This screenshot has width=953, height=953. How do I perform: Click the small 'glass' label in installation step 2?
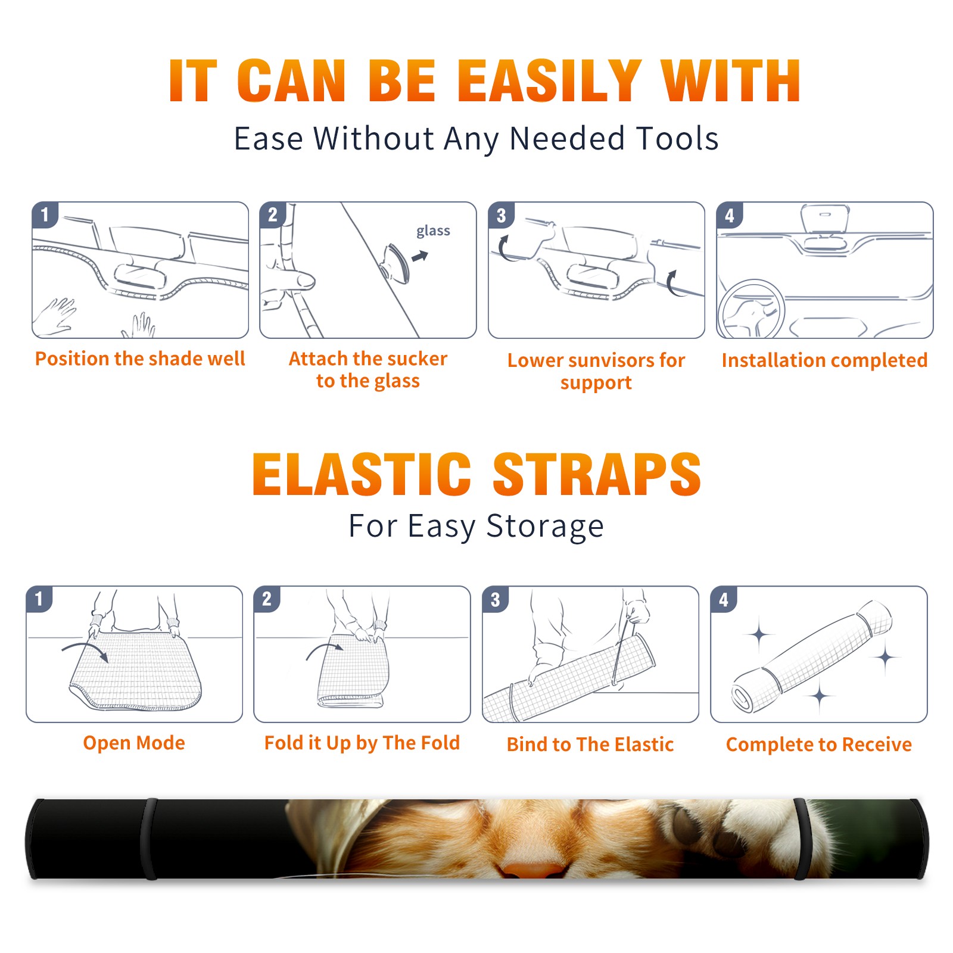(x=433, y=231)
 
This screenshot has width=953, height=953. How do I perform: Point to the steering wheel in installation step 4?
(x=751, y=309)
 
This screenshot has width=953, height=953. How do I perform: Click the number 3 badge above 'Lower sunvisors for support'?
(x=500, y=215)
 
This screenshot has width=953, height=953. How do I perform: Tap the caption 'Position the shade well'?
(x=140, y=359)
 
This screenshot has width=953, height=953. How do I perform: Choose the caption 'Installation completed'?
(x=824, y=360)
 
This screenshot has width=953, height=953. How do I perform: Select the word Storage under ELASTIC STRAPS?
(x=545, y=527)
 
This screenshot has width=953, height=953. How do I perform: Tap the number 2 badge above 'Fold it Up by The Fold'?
(x=266, y=599)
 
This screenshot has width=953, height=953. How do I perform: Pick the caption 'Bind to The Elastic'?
(x=590, y=745)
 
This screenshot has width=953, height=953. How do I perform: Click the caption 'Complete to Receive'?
(x=819, y=745)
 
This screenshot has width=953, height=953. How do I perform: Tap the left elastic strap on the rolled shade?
(x=149, y=839)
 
